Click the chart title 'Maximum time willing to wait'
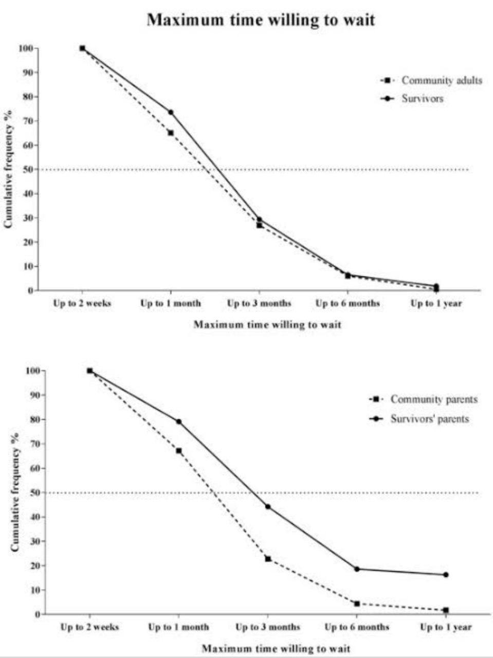pos(261,20)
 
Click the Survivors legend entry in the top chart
pos(422,98)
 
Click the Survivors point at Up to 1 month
pos(171,112)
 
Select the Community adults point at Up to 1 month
pos(171,133)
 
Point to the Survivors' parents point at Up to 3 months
pos(268,507)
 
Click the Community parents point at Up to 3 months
pos(268,559)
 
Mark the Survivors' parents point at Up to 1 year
pos(446,575)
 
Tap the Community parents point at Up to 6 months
pos(357,604)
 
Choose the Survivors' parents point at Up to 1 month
pos(179,422)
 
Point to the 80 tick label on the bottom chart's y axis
pos(34,419)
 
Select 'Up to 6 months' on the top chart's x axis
pos(348,303)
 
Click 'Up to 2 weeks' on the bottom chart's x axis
pos(89,627)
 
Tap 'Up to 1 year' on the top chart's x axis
pos(436,303)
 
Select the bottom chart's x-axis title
pos(276,648)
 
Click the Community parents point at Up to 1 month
pos(179,451)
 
